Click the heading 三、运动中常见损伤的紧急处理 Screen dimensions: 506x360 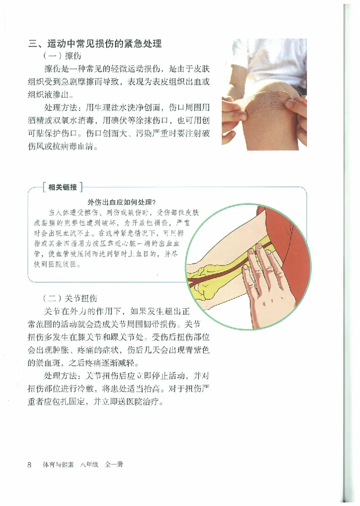(x=95, y=44)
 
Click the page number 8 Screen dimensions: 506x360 (x=29, y=465)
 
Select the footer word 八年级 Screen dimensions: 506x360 (x=90, y=465)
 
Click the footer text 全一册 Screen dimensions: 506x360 (x=114, y=465)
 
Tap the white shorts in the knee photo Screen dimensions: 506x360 (x=279, y=63)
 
